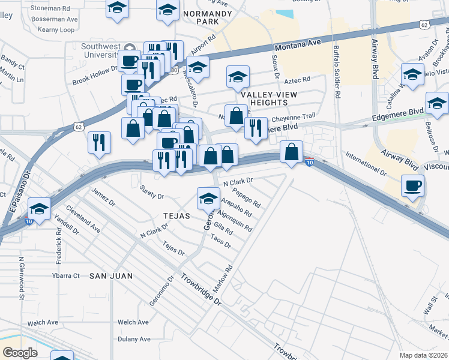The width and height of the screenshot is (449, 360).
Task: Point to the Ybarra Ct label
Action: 65,275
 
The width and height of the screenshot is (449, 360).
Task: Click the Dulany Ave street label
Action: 134,339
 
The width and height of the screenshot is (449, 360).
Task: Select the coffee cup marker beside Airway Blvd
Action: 412,186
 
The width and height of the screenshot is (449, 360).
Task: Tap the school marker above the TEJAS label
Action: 208,197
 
